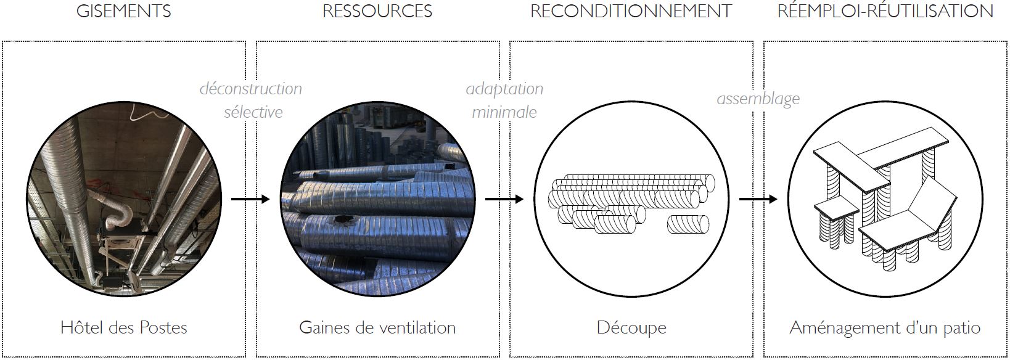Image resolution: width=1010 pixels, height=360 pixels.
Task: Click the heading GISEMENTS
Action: [x=123, y=12]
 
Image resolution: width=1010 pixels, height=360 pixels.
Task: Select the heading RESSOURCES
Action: [x=377, y=12]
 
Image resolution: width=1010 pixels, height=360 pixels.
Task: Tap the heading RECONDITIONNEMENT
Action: [x=631, y=12]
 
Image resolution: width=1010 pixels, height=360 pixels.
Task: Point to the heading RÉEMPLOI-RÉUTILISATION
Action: [x=885, y=12]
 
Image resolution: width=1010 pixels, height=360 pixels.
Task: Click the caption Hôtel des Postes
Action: [x=124, y=327]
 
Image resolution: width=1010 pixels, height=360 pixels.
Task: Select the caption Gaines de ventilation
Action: [x=377, y=327]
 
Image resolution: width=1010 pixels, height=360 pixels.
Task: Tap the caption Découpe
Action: [x=631, y=327]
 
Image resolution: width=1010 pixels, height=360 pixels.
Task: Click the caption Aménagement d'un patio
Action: [x=885, y=327]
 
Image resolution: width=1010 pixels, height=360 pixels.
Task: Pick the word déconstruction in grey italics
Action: [x=251, y=89]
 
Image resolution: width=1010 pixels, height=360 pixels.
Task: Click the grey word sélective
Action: [x=253, y=112]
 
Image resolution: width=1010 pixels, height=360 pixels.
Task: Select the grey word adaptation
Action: [x=504, y=89]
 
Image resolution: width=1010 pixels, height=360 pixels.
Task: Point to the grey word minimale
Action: [x=504, y=112]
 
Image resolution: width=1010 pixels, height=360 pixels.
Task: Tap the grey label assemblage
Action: [x=758, y=99]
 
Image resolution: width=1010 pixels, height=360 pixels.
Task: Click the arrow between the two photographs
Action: [x=250, y=199]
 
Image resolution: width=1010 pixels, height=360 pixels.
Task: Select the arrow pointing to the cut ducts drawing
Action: [x=504, y=199]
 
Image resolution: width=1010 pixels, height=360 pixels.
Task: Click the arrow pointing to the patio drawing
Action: [x=758, y=199]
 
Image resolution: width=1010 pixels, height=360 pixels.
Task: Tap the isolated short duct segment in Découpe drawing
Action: [x=688, y=224]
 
